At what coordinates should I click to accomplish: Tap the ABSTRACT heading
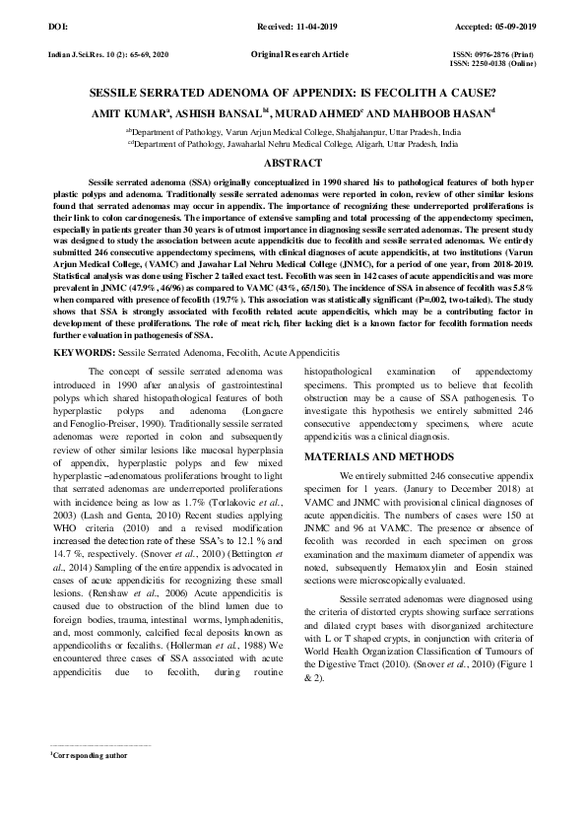click(293, 163)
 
